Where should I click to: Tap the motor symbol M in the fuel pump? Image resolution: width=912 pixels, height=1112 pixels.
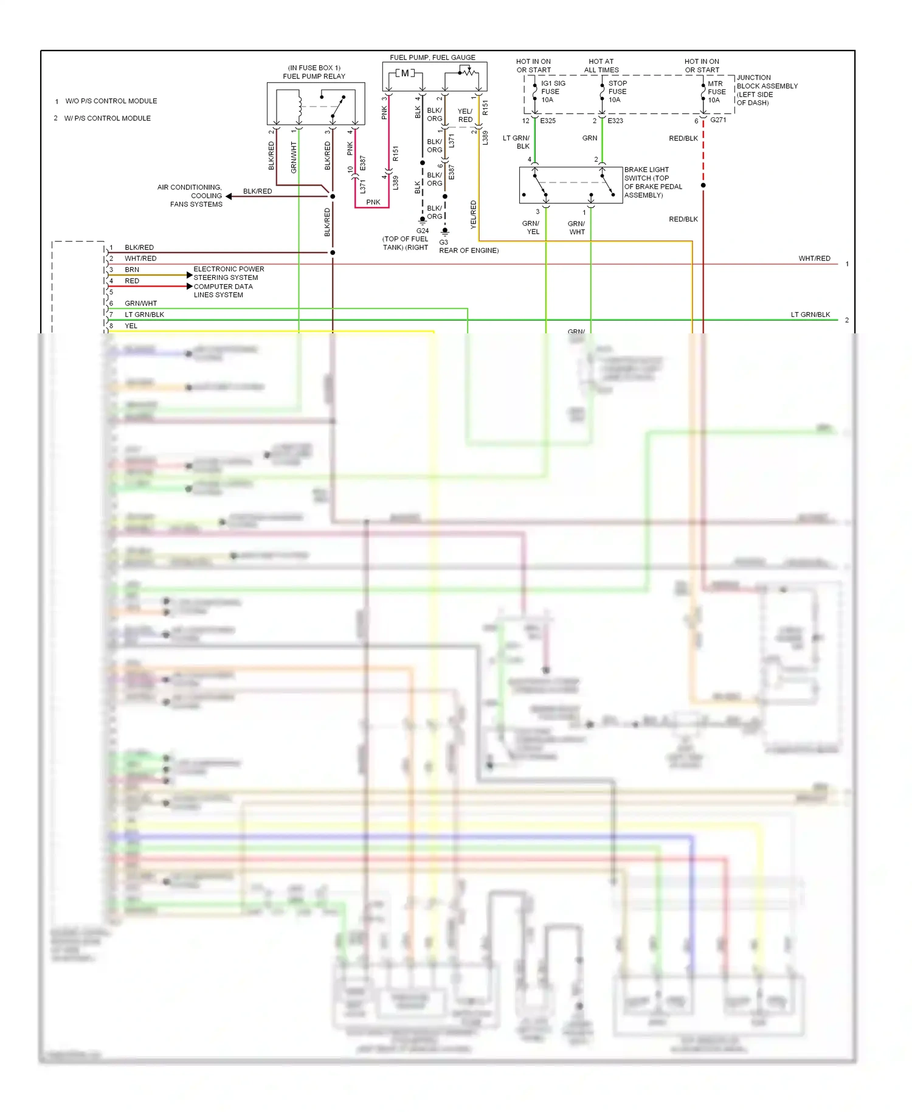(405, 74)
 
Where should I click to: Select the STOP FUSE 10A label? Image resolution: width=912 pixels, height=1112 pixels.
(617, 92)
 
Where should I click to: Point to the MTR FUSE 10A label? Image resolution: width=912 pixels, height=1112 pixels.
(716, 92)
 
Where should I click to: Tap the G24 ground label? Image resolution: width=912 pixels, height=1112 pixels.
(423, 231)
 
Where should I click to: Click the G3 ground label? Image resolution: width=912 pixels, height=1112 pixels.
(444, 242)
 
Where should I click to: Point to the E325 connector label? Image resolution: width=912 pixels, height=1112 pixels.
(548, 121)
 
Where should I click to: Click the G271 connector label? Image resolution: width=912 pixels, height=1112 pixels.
(718, 120)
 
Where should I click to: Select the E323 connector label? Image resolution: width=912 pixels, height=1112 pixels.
(615, 121)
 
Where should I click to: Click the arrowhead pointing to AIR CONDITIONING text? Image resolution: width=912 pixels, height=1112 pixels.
(229, 196)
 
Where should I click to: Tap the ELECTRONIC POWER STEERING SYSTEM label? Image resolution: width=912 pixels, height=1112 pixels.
(228, 273)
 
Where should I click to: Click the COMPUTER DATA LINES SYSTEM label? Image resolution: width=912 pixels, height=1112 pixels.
(223, 291)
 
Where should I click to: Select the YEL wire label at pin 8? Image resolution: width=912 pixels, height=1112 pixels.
(131, 326)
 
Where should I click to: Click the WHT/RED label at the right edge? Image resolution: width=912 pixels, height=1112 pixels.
(814, 259)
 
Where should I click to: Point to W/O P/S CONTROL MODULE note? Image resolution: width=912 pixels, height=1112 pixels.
(111, 101)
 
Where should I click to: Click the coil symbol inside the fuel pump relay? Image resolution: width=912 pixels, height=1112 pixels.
(300, 106)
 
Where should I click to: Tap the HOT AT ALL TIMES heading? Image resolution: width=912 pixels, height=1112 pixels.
(601, 66)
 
